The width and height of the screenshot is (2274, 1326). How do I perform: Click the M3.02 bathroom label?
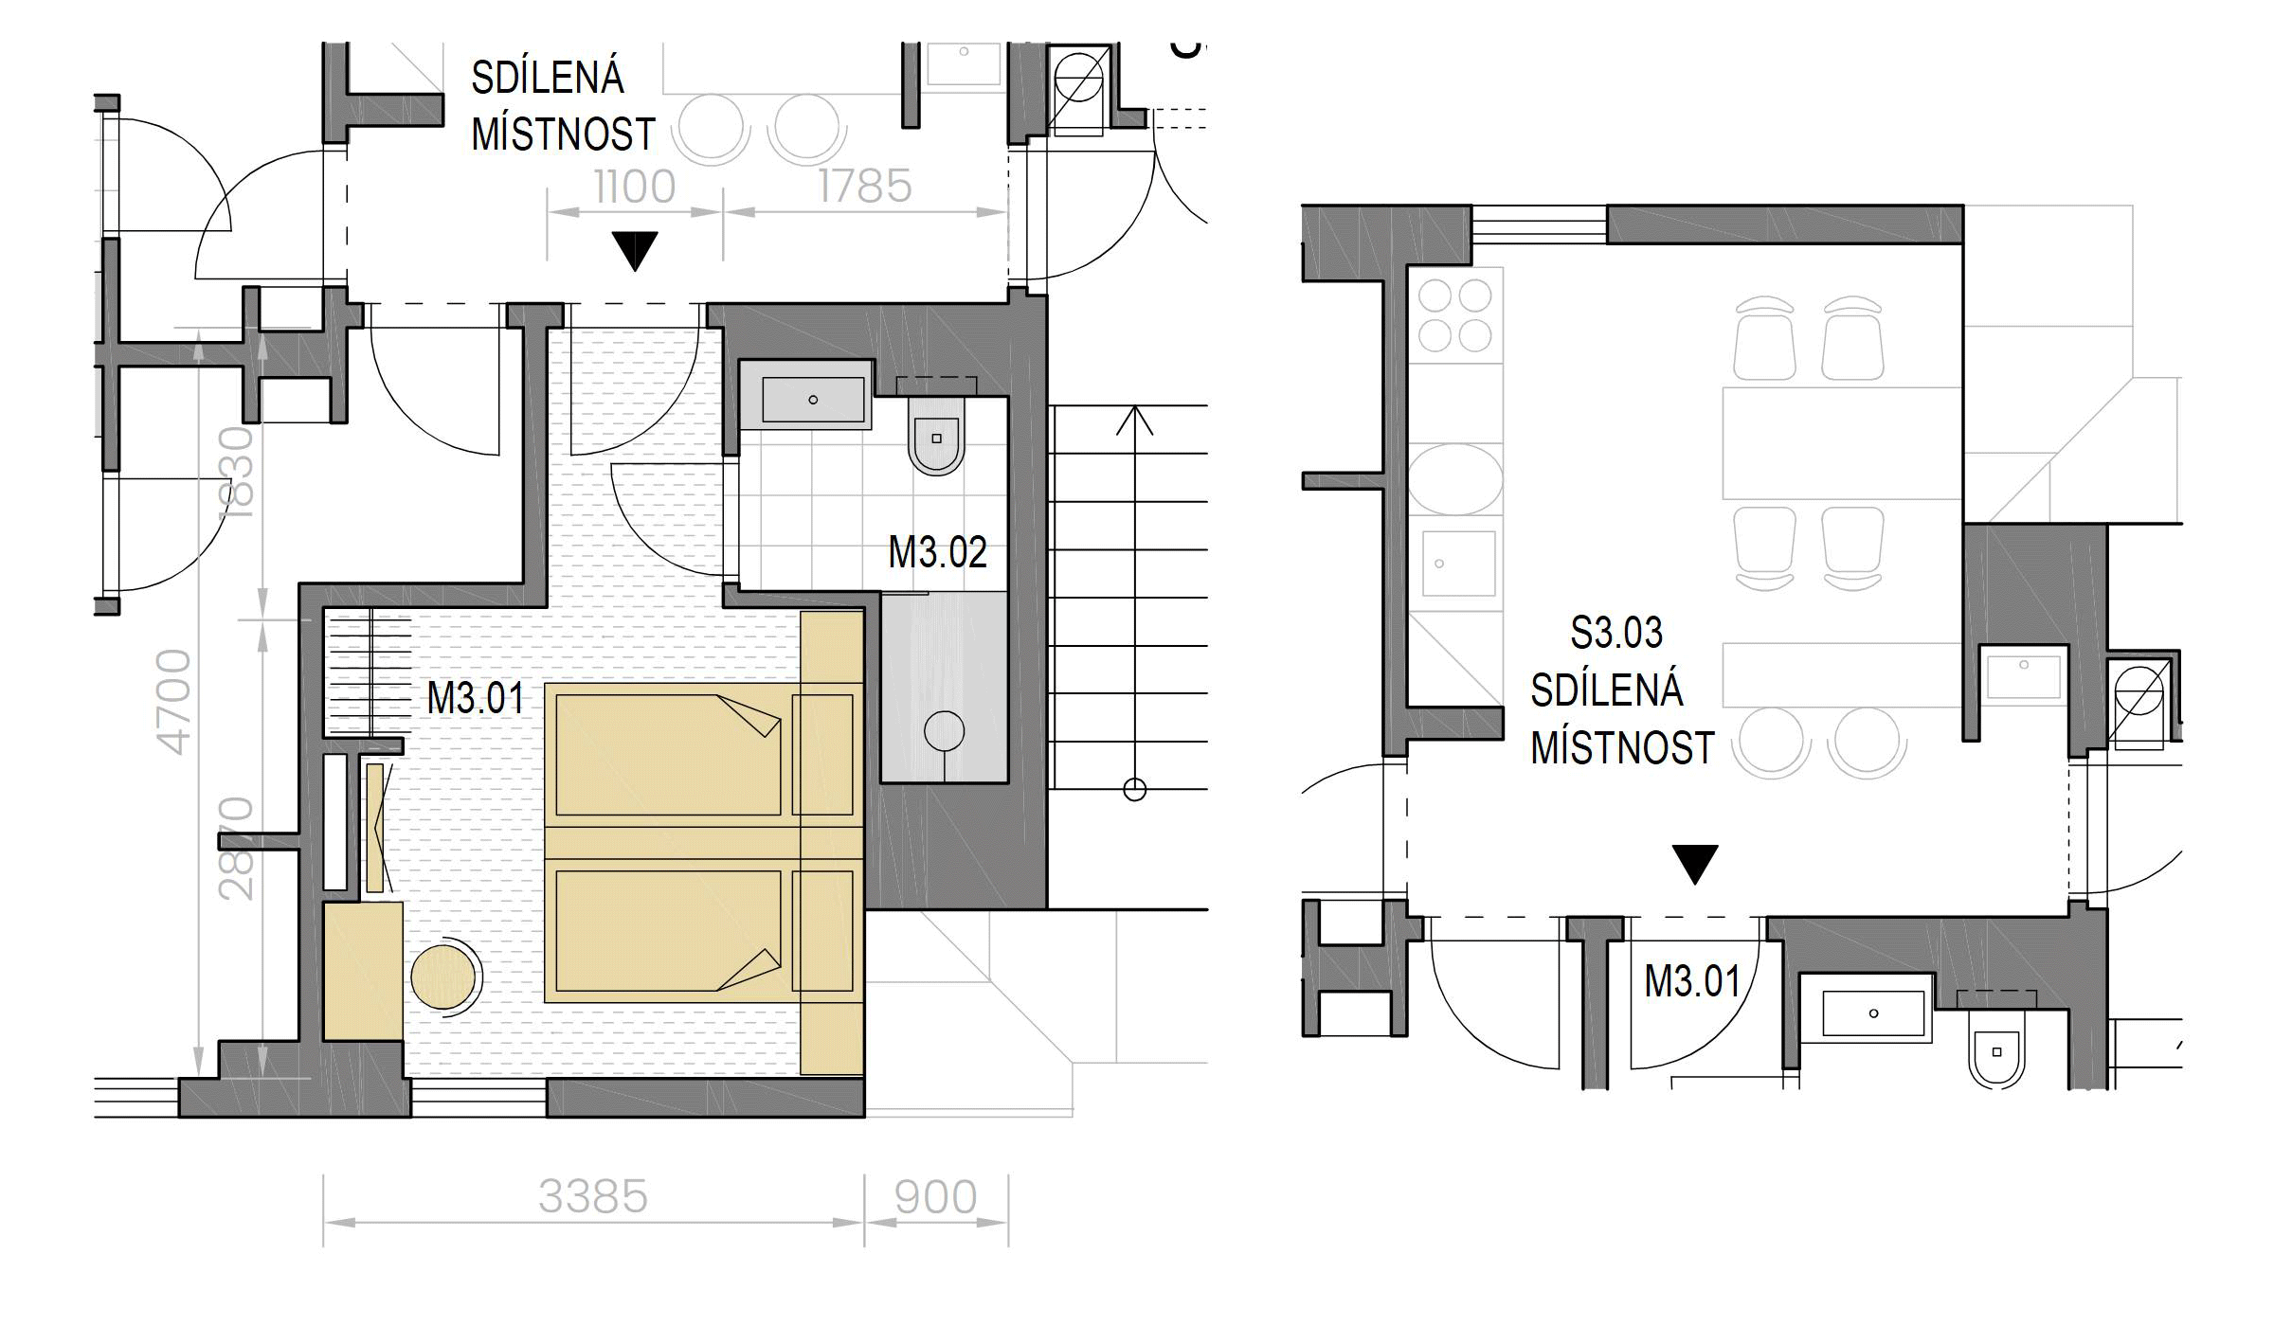[937, 552]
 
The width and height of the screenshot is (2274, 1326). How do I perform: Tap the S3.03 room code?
[1616, 633]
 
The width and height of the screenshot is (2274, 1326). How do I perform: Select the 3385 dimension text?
[593, 1197]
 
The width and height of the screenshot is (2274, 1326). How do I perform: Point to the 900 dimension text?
[935, 1197]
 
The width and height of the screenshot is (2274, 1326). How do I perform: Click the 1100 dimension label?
[634, 187]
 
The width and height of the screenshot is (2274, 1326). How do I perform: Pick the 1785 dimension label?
[864, 187]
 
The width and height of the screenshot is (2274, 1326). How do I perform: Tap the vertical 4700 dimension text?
[173, 702]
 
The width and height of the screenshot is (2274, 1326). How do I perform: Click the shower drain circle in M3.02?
[944, 731]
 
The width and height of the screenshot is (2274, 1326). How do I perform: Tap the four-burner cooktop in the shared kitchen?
[1454, 315]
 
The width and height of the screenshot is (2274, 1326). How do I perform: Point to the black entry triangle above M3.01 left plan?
[634, 251]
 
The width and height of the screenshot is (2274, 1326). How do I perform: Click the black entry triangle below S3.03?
[1694, 864]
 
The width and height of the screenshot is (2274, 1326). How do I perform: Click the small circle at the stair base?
[1134, 788]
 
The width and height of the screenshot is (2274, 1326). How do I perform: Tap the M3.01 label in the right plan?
[1692, 981]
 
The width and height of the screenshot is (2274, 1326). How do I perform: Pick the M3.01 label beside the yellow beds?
[476, 699]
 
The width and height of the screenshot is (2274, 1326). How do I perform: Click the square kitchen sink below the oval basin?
[1458, 563]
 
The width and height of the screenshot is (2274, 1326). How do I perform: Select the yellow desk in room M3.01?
[363, 972]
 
